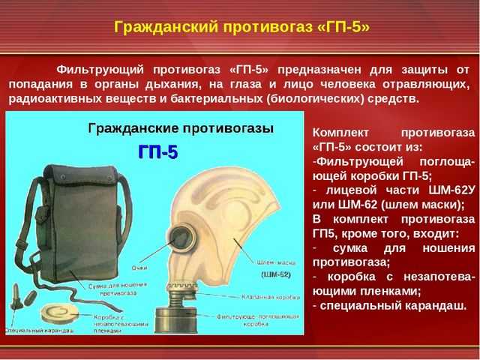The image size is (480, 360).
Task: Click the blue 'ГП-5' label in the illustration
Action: (x=157, y=152)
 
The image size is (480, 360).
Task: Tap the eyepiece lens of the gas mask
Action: (x=182, y=238)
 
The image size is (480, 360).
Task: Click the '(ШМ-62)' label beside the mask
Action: (x=276, y=275)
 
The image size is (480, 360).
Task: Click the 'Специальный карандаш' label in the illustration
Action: (x=34, y=330)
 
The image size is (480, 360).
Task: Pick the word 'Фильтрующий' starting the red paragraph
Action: (x=98, y=68)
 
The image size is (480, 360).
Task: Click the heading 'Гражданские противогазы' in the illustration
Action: (x=170, y=128)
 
